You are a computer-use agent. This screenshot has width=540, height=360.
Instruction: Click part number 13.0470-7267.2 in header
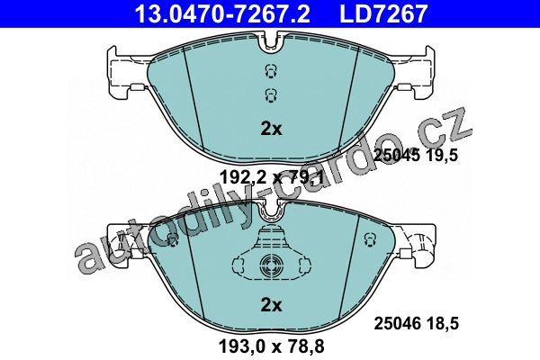pos(222,13)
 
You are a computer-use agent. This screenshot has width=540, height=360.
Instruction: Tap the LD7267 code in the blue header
pos(383,13)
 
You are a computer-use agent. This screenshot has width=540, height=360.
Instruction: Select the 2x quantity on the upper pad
pos(272,129)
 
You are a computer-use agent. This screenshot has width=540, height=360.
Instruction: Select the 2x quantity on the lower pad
pos(272,305)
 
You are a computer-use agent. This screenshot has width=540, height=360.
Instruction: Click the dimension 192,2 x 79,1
pos(272,178)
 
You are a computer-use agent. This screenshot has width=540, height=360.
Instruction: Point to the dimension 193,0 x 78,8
pos(272,346)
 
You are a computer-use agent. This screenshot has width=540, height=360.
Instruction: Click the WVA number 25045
pos(397,156)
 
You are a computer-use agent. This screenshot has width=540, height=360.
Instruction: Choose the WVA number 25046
pos(397,324)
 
